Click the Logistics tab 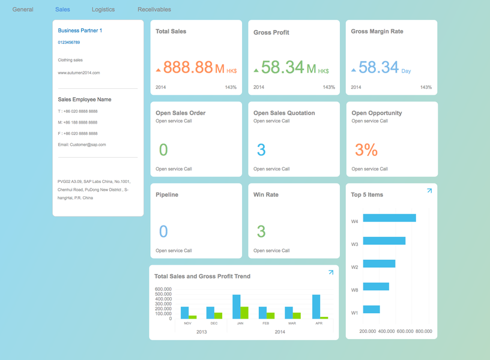(x=103, y=10)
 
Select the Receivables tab (x=154, y=10)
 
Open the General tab (x=23, y=10)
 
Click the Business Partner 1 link (x=80, y=30)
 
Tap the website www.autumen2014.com (x=79, y=73)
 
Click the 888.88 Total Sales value (x=188, y=67)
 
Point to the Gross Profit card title (x=271, y=32)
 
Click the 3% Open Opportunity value (x=366, y=149)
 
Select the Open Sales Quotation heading (x=284, y=113)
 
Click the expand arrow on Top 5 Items (x=429, y=191)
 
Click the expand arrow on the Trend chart (x=331, y=272)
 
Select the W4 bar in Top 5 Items (x=389, y=218)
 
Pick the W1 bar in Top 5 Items (x=371, y=309)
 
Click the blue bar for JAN (x=237, y=307)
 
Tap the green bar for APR (x=324, y=317)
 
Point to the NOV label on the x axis (x=187, y=323)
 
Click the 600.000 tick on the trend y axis (x=163, y=289)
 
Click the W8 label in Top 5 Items (x=355, y=290)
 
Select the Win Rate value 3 (x=261, y=231)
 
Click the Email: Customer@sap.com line (x=82, y=145)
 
